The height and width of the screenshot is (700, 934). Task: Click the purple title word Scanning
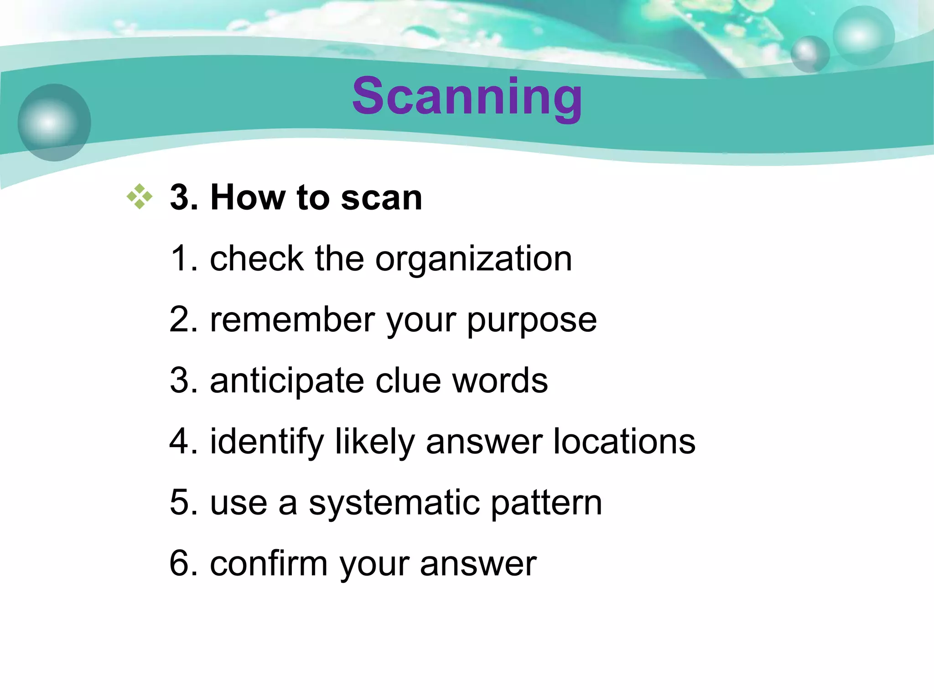pos(467,97)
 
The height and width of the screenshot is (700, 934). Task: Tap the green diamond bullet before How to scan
pos(140,197)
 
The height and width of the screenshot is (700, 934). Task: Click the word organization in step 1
pos(473,259)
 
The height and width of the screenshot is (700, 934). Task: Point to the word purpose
pos(532,321)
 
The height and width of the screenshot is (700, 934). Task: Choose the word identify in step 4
pos(266,442)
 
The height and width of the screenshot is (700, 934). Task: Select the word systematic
pos(394,503)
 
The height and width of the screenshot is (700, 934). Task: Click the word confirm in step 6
pos(269,563)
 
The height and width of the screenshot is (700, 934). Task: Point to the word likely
pos(374,442)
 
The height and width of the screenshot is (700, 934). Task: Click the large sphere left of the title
pos(54,122)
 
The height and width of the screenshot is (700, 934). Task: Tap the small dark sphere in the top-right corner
pos(810,54)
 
